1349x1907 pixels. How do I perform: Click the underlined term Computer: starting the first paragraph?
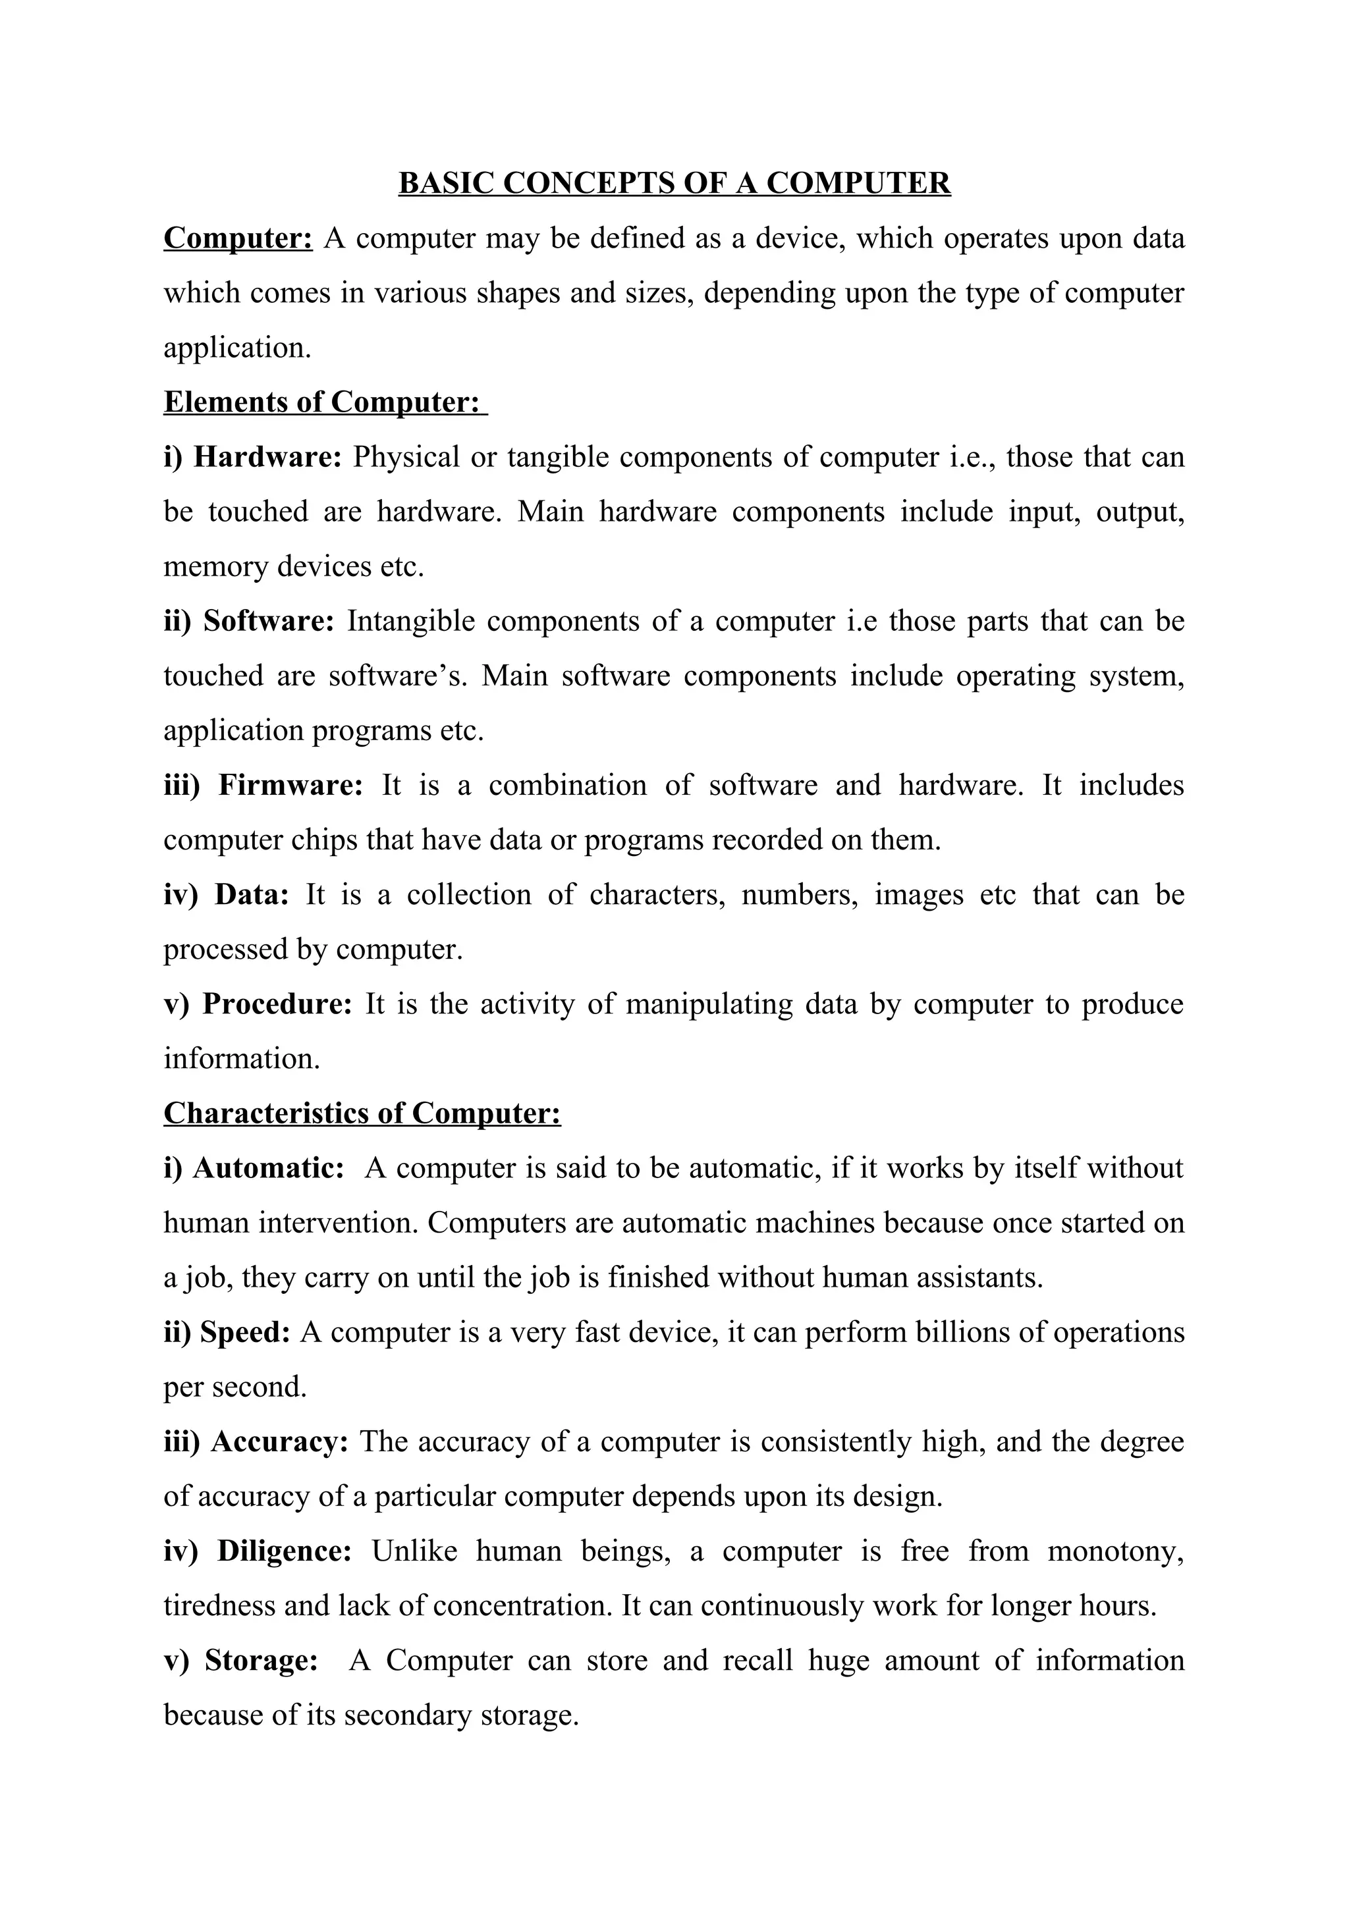[238, 238]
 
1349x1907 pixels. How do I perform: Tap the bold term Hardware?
[267, 457]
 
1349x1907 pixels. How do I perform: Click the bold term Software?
[268, 620]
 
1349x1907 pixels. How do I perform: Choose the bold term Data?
[252, 894]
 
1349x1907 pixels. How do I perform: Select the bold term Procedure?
[277, 1004]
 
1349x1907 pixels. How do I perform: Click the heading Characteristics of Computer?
[362, 1113]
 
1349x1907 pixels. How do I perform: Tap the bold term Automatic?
[268, 1168]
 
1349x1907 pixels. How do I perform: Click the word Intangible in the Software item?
[411, 620]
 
